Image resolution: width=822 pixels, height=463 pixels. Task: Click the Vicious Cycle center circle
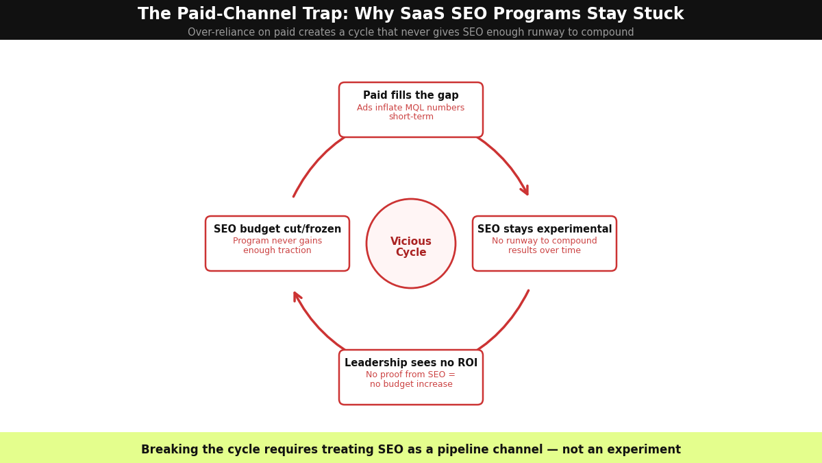pyautogui.click(x=411, y=244)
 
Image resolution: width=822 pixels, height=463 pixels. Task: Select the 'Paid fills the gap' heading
pyautogui.click(x=411, y=96)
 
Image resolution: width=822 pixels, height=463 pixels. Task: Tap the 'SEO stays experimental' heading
pyautogui.click(x=545, y=230)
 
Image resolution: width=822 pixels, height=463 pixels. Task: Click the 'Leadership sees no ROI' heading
pyautogui.click(x=411, y=364)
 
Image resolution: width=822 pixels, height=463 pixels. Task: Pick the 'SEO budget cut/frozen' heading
pyautogui.click(x=277, y=230)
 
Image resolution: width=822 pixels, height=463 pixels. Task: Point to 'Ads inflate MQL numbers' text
pyautogui.click(x=411, y=108)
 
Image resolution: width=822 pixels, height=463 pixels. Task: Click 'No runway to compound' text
pyautogui.click(x=545, y=241)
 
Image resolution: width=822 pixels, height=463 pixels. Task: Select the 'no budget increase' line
pyautogui.click(x=411, y=385)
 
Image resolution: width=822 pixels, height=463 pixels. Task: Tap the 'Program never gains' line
pyautogui.click(x=277, y=241)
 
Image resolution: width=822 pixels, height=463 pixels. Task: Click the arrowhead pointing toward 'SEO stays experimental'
pyautogui.click(x=524, y=190)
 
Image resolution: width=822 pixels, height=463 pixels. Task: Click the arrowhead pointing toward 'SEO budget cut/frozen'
pyautogui.click(x=297, y=297)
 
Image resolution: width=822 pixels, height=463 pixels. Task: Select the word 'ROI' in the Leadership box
pyautogui.click(x=467, y=364)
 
